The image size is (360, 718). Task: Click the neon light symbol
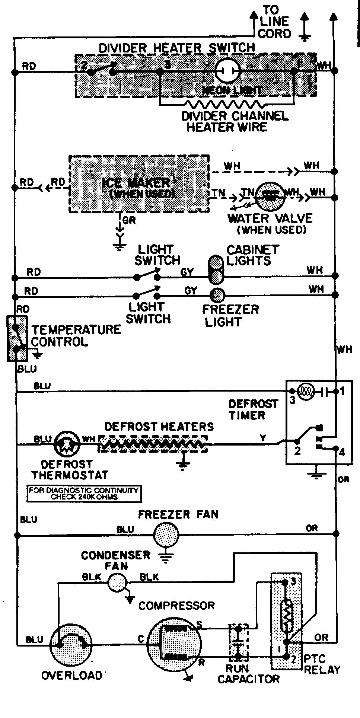pos(227,71)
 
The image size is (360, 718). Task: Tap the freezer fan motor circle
pos(166,535)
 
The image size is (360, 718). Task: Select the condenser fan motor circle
pos(117,583)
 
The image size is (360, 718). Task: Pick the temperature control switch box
pos(17,338)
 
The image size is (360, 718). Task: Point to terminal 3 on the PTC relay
pos(284,582)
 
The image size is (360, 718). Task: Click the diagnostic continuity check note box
pos(85,494)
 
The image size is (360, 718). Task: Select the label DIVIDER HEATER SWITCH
pos(176,48)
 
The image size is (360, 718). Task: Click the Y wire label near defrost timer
pos(263,438)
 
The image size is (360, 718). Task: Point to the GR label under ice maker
pos(129,220)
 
